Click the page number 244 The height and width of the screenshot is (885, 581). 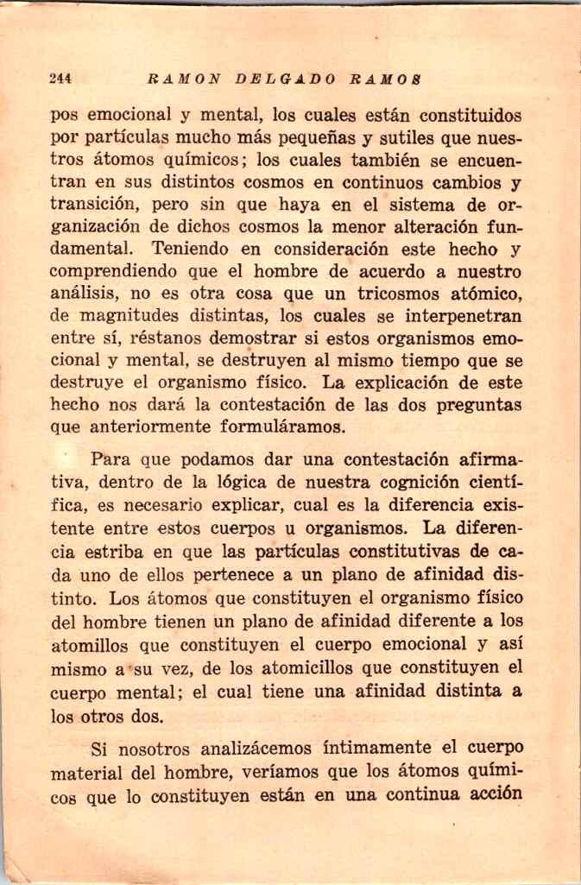[x=60, y=79]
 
